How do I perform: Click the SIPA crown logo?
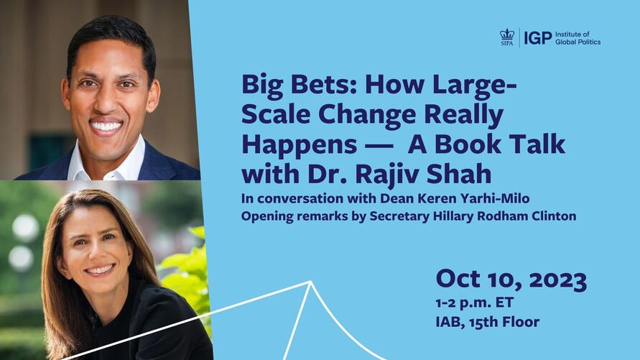[507, 36]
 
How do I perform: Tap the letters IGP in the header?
[538, 37]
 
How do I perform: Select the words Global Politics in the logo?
[578, 42]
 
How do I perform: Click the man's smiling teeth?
[106, 126]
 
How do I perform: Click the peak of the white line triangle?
[310, 282]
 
